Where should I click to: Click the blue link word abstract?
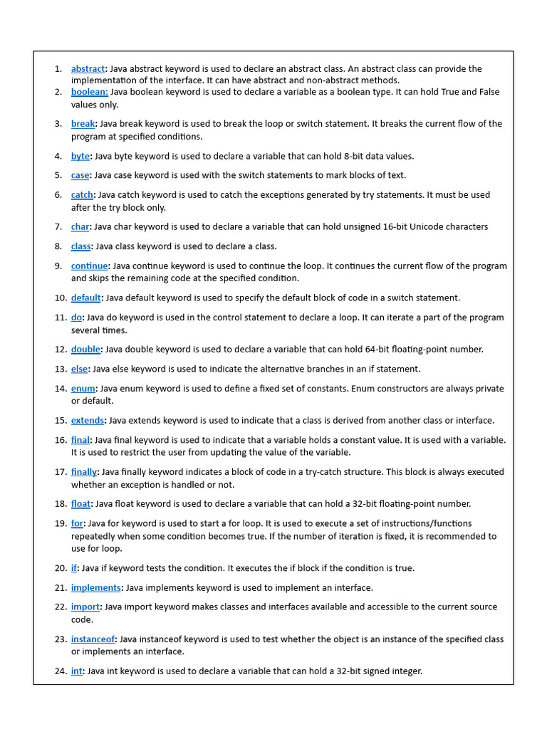(88, 69)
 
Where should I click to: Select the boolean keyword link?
(89, 92)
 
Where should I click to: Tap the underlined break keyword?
(83, 124)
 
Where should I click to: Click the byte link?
(80, 156)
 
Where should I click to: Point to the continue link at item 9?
(89, 266)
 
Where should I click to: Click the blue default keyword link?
(85, 298)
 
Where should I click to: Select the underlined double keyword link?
(85, 350)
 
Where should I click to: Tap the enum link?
(83, 389)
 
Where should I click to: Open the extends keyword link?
(88, 421)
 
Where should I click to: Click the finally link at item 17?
(84, 472)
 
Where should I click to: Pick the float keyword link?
(80, 504)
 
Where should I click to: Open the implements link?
(95, 588)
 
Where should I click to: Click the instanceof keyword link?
(93, 639)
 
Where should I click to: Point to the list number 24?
(60, 671)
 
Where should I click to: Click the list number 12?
(60, 350)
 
